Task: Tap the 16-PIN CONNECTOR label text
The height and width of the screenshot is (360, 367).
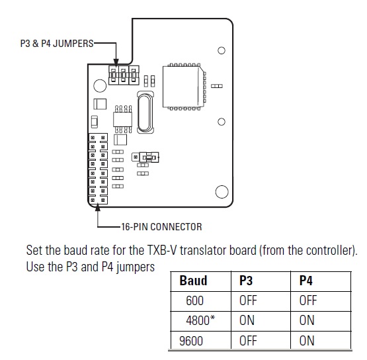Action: [161, 227]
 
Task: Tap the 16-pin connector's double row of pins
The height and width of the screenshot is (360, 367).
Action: [98, 168]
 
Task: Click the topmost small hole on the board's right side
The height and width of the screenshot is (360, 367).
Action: [222, 50]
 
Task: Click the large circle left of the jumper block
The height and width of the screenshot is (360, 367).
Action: [101, 85]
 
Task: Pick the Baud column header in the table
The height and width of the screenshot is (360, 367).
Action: [193, 281]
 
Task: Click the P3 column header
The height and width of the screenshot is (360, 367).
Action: [245, 281]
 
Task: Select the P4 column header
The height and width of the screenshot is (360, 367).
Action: [306, 281]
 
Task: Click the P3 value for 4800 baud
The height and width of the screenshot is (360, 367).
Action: [247, 321]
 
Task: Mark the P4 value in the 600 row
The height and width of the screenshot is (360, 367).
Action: [308, 301]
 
